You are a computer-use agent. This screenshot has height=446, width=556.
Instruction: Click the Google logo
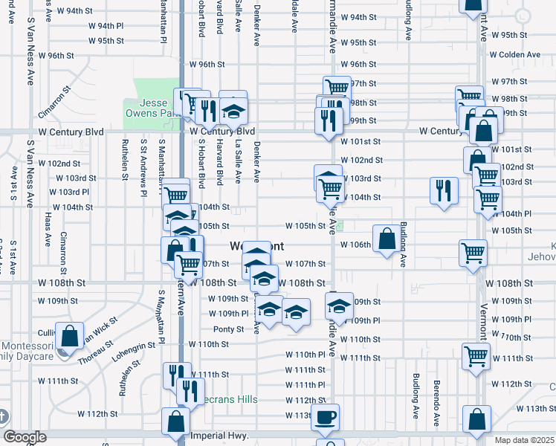[x=24, y=437]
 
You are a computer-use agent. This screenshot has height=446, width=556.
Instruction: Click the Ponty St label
[x=228, y=329]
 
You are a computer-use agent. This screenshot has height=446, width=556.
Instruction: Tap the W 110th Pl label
[x=306, y=355]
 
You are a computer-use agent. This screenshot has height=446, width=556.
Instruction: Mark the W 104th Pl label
[x=517, y=214]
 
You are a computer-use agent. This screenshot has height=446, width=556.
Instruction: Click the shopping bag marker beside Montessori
[x=69, y=335]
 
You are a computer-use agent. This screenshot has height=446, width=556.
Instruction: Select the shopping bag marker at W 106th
[x=387, y=239]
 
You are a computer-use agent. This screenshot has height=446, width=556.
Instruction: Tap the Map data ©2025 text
[x=524, y=440]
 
